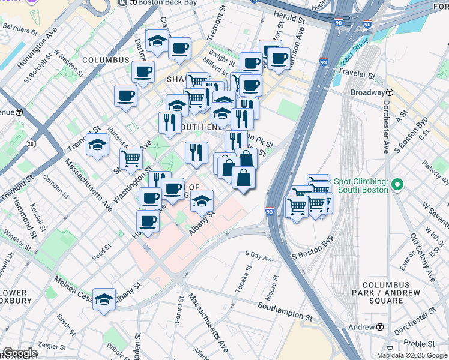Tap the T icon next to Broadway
point(390,92)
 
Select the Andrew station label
point(362,327)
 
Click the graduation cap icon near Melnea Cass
point(104,299)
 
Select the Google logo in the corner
point(19,353)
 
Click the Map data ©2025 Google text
point(412,355)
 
